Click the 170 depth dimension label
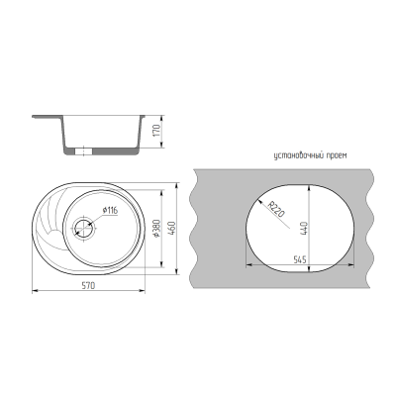156,131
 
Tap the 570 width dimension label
88,285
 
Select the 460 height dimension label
172,228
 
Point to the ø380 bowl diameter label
156,229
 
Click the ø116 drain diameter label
110,210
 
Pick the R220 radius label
276,209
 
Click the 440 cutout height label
304,229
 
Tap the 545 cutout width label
300,259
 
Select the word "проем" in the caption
339,155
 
